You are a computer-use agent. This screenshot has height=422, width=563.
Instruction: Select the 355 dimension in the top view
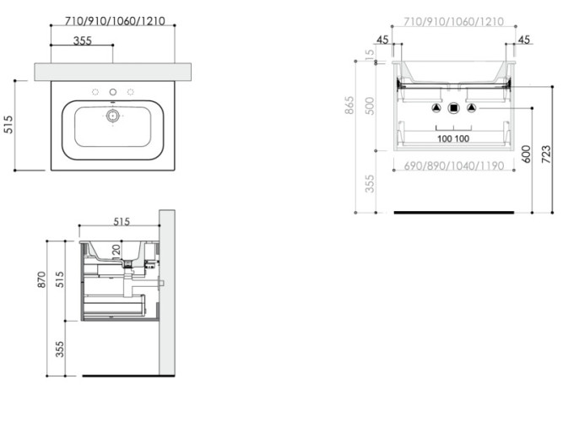(x=82, y=40)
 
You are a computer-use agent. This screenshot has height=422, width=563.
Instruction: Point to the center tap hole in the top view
(x=112, y=91)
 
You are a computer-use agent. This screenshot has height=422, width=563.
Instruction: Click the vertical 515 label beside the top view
(x=8, y=125)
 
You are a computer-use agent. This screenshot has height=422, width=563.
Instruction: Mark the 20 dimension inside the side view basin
(x=116, y=250)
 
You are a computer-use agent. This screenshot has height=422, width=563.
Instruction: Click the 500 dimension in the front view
(x=369, y=105)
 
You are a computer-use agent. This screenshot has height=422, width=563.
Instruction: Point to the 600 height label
(x=526, y=154)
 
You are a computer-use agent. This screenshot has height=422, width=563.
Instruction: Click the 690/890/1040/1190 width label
(x=453, y=165)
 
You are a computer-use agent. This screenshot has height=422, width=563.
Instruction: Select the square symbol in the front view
(x=453, y=108)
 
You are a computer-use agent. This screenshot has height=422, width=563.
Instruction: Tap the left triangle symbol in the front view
(x=436, y=108)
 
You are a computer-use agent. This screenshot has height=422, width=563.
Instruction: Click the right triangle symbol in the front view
(x=471, y=108)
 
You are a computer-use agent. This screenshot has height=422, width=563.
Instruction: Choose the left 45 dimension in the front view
(x=383, y=40)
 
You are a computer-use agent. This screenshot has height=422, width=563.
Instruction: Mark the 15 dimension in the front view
(x=369, y=54)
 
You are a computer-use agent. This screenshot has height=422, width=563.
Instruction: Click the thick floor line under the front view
(x=453, y=212)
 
